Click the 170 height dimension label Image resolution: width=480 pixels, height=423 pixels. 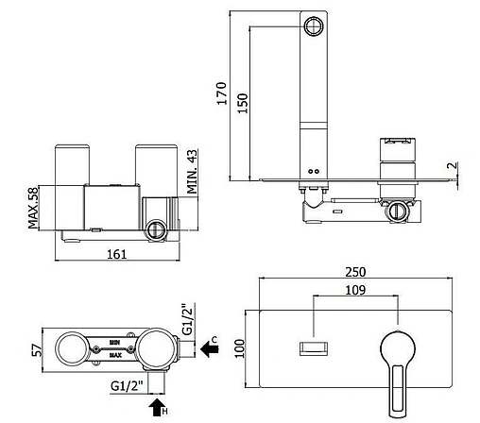222,93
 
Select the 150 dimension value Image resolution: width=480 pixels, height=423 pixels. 242,103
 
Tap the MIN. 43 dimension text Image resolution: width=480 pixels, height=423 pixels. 192,172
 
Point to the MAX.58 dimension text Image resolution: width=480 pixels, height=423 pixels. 33,207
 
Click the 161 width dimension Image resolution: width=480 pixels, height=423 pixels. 117,254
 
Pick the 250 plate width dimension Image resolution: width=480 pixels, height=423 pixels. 355,272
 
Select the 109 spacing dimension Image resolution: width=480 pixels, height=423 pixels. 355,290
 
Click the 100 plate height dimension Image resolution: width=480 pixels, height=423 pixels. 240,348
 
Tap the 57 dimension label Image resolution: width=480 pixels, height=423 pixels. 37,350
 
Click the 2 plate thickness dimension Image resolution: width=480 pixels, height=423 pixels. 453,165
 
